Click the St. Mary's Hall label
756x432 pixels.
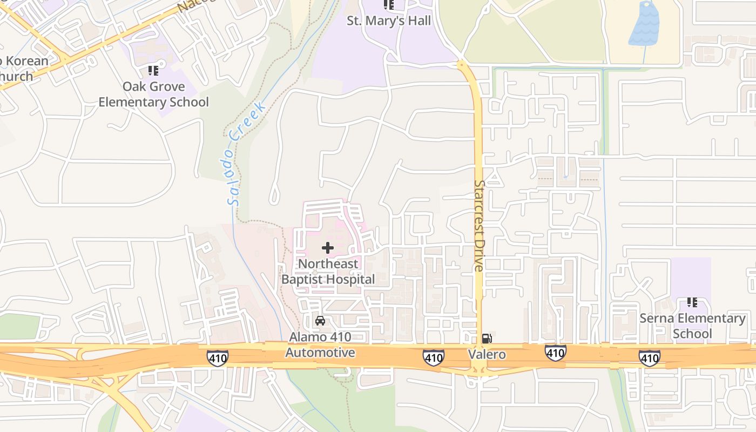389,21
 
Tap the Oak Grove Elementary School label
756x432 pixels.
153,94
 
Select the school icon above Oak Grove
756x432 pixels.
153,71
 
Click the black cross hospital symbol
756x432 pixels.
328,248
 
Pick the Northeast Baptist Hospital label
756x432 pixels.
328,272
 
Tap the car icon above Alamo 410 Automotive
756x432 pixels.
320,321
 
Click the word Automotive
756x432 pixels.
320,353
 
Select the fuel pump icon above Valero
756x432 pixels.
487,339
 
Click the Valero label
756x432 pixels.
487,354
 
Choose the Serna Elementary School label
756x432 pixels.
692,326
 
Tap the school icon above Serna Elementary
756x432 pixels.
692,302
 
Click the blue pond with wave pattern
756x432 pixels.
644,24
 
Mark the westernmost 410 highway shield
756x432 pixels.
217,357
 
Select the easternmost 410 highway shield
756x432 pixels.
649,357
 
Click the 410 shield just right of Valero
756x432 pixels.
555,353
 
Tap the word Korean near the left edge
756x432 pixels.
28,61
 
